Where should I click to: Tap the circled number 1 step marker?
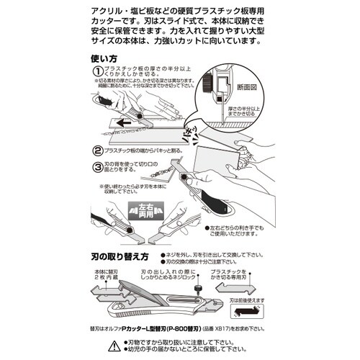click(98, 71)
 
